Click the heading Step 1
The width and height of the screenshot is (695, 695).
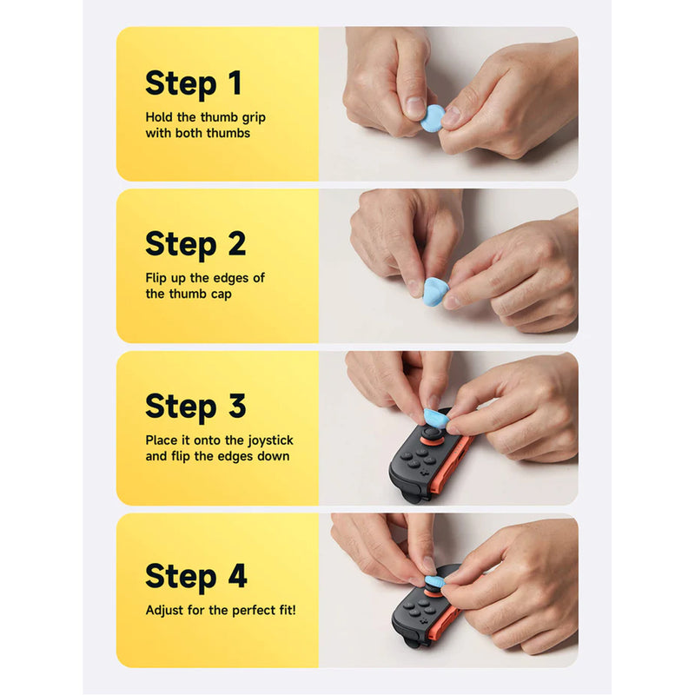pos(193,83)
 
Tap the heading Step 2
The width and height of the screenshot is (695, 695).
pos(195,244)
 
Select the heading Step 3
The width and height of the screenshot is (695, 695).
pos(195,407)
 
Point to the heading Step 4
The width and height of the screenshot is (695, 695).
pos(196,576)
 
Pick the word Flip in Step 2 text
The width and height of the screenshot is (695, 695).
pos(156,278)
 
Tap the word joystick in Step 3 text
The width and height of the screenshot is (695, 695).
pos(270,441)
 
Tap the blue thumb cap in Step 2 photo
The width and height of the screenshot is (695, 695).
pos(435,292)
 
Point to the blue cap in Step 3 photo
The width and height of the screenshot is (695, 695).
pos(437,418)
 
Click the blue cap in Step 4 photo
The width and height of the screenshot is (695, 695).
pos(434,582)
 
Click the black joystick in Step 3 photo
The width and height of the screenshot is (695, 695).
pos(431,433)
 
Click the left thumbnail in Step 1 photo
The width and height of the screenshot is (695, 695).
pos(416,107)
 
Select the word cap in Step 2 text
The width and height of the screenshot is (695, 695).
pos(222,295)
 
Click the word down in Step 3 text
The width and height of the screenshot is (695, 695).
pos(275,456)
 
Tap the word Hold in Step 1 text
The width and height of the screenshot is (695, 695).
pos(159,117)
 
